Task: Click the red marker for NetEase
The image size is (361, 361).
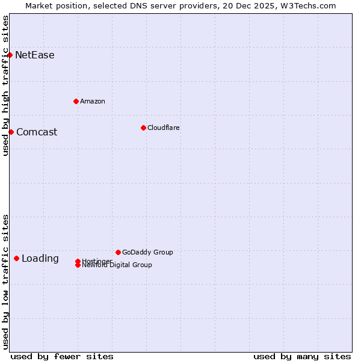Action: (10, 55)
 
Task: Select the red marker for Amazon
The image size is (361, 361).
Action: (76, 101)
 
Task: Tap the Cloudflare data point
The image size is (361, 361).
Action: (143, 128)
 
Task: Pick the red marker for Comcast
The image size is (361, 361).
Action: (11, 132)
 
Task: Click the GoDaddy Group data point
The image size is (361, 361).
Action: (118, 252)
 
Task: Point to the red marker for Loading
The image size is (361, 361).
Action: (16, 258)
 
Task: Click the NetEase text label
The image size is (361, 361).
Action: (35, 55)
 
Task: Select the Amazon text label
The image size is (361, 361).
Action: (93, 101)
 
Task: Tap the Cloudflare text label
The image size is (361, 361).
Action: (164, 128)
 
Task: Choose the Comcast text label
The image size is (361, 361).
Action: (37, 132)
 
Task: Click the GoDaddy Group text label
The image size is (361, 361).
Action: (147, 252)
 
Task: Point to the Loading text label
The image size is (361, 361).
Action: (40, 259)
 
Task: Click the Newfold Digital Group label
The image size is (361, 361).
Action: (117, 265)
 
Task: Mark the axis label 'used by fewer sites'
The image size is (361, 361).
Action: (62, 356)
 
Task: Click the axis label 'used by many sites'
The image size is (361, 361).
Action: (302, 356)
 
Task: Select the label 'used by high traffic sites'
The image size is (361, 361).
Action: (5, 86)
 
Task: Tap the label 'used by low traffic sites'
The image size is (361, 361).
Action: (5, 282)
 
